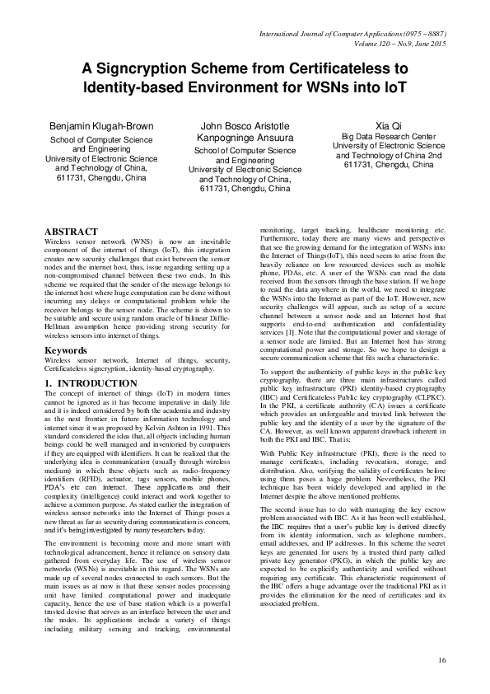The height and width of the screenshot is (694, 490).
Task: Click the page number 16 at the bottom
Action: pos(441,660)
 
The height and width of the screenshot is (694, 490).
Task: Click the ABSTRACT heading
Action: pos(70,231)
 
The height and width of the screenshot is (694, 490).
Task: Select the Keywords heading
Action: pos(65,350)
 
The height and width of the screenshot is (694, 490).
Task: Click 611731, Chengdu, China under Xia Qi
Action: pos(387,165)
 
